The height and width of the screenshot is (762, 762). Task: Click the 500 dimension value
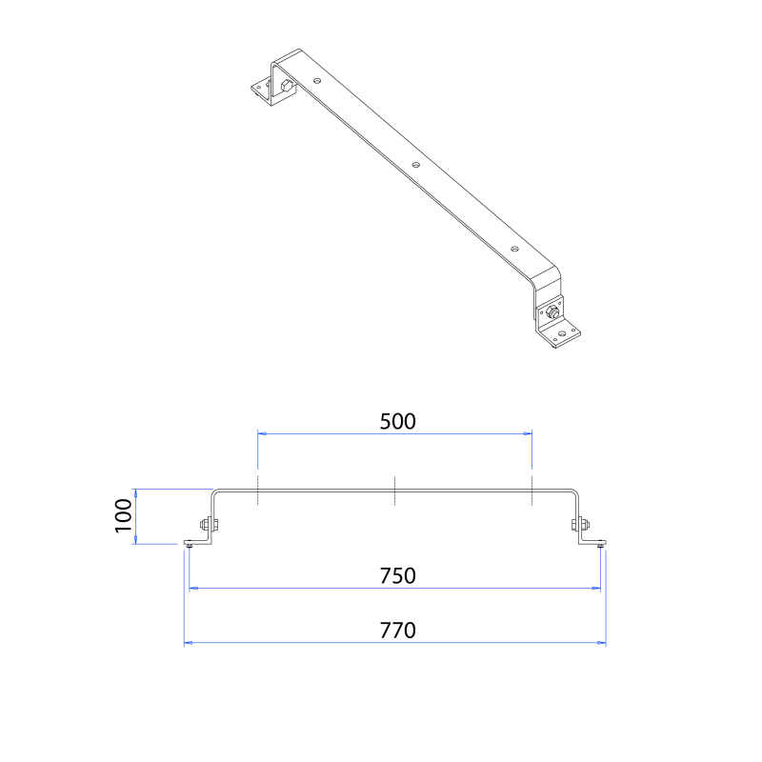397,421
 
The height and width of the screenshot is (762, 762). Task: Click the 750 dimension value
397,576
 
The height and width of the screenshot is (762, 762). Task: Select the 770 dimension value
397,631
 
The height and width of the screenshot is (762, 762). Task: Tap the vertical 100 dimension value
124,516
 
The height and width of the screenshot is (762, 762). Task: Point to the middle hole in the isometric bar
416,165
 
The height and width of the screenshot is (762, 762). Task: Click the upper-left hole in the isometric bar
317,80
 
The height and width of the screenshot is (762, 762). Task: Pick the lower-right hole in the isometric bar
514,249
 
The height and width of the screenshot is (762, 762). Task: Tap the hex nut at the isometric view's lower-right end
552,311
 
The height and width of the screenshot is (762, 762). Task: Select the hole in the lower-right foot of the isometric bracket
562,334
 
